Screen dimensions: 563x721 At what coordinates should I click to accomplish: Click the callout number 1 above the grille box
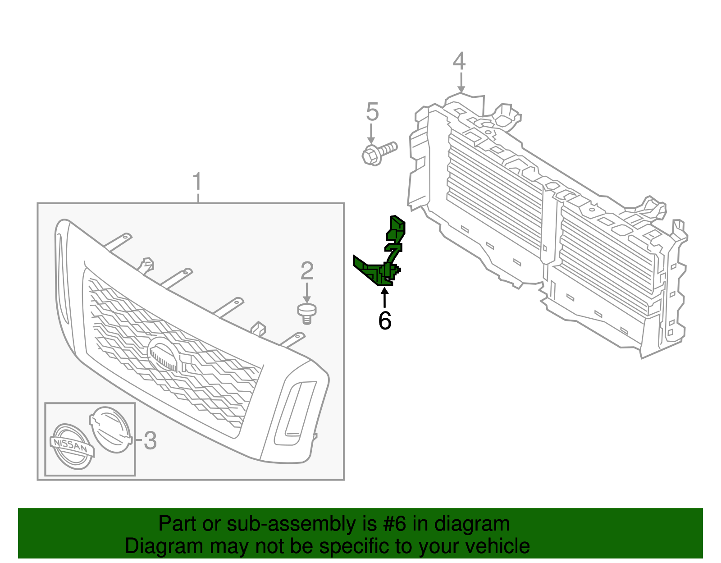tap(197, 182)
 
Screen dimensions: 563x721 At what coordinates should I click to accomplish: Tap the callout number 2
tap(307, 271)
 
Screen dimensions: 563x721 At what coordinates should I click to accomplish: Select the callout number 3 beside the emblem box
tap(150, 440)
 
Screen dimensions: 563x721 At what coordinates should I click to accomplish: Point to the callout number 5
tap(372, 112)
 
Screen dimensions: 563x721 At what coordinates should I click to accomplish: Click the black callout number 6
tap(384, 321)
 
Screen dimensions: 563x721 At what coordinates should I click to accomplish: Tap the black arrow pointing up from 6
tap(384, 298)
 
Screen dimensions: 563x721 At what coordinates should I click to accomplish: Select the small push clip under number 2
tap(307, 312)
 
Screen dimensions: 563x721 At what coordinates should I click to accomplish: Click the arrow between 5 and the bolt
tap(371, 134)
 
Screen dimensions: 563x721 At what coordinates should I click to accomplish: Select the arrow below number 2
tap(307, 293)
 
